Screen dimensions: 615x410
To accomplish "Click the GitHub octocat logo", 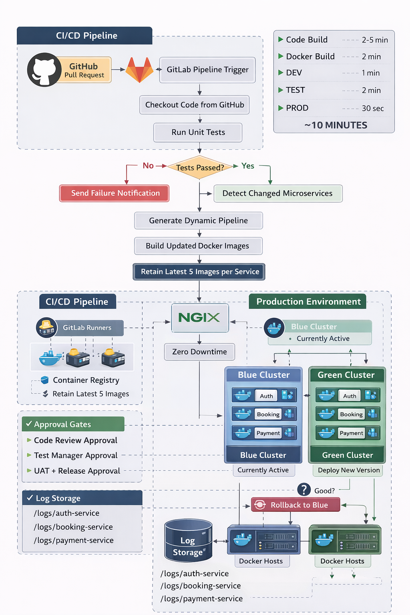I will click(x=44, y=70).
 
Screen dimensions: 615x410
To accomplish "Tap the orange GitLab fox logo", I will click(x=139, y=70).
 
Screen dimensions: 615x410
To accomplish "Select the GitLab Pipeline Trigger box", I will click(x=207, y=70).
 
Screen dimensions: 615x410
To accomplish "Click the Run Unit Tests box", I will click(x=198, y=133).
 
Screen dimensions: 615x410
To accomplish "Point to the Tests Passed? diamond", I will click(x=200, y=167).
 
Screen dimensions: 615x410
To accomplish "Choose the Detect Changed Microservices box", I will click(x=278, y=193).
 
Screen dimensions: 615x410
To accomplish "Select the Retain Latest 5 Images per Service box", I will click(x=199, y=272).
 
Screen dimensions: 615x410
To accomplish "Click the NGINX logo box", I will click(x=200, y=318).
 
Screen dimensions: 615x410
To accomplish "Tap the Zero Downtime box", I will click(x=199, y=352).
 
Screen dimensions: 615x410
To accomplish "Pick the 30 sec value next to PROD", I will click(x=373, y=109).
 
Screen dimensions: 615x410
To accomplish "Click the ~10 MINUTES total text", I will click(x=336, y=125).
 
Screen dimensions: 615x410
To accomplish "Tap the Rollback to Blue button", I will click(x=295, y=505).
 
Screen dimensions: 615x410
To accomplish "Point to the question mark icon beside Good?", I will click(x=304, y=489).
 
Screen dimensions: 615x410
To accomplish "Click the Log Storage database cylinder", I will click(x=188, y=541).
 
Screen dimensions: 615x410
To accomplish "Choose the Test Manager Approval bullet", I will click(x=76, y=456).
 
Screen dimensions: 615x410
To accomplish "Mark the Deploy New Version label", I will click(x=348, y=470).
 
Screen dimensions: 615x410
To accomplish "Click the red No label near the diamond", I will click(x=148, y=166).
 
